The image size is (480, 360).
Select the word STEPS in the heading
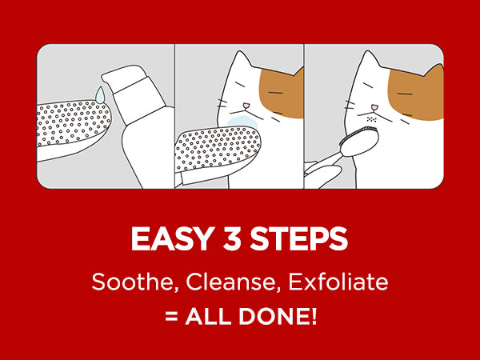(x=299, y=239)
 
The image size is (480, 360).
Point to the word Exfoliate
(x=338, y=282)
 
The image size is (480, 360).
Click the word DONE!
(x=278, y=316)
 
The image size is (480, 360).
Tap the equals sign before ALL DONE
(x=171, y=317)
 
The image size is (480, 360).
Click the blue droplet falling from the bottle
(x=99, y=94)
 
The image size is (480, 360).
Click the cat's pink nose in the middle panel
(x=246, y=106)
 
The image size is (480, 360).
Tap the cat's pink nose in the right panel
(x=374, y=107)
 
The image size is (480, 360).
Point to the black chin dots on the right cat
(x=371, y=119)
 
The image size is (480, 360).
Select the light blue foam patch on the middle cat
(x=242, y=122)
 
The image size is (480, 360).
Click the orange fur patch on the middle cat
(x=281, y=94)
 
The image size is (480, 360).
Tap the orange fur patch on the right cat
(x=415, y=94)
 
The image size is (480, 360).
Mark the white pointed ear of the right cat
(x=369, y=62)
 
